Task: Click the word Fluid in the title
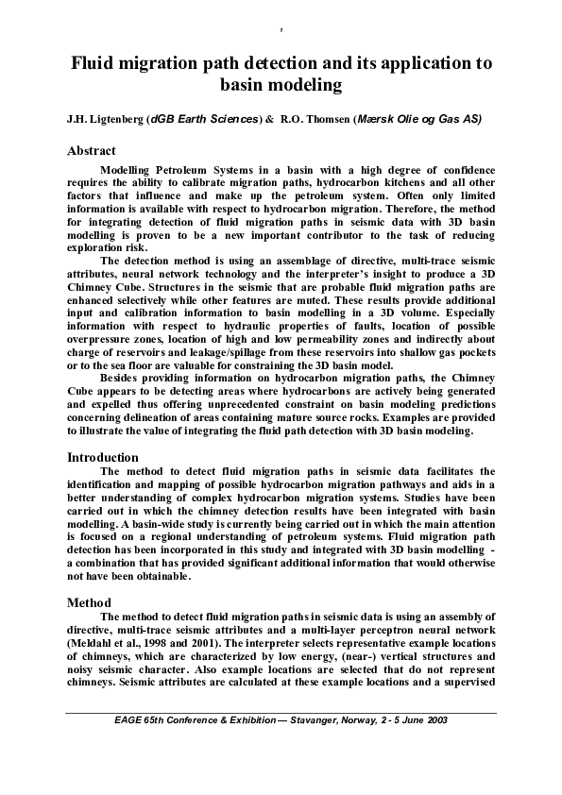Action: point(98,65)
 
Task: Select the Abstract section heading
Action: point(92,150)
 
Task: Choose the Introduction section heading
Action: point(103,457)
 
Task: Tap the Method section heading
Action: point(89,602)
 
